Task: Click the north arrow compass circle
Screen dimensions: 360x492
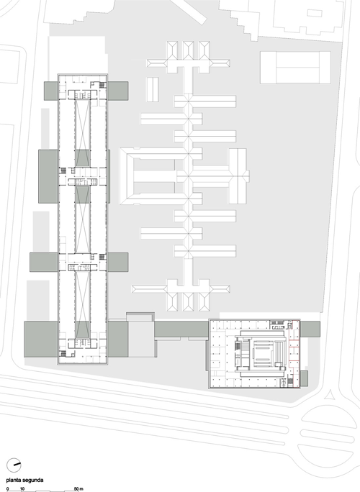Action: click(x=14, y=465)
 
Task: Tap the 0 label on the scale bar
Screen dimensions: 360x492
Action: click(x=7, y=489)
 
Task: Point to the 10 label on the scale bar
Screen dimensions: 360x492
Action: click(x=22, y=489)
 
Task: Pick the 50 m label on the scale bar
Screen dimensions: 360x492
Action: click(x=78, y=489)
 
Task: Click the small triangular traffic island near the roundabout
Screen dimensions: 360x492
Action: click(x=330, y=395)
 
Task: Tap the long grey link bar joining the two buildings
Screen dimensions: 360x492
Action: click(x=181, y=329)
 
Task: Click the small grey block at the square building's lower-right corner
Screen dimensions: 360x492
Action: click(x=304, y=378)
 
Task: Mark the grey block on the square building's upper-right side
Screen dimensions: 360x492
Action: click(x=310, y=329)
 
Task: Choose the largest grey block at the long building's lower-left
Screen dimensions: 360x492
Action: click(x=41, y=339)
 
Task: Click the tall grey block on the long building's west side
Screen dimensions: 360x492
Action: click(x=48, y=176)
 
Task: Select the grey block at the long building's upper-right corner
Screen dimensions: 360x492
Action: click(x=117, y=91)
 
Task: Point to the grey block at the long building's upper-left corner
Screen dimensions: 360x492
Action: click(x=51, y=91)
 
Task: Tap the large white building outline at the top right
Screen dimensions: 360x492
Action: click(x=295, y=68)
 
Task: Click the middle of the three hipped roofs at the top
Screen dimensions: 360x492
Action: click(x=188, y=50)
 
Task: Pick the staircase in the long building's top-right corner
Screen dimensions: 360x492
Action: click(x=102, y=85)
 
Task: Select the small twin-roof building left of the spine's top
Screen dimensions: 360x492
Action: click(x=153, y=89)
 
